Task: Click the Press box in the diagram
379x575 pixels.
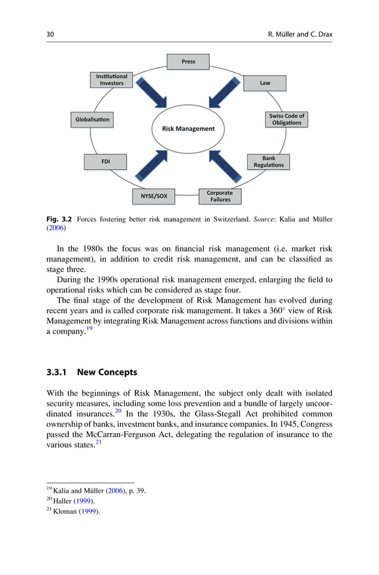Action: click(x=188, y=61)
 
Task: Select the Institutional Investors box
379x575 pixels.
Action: click(x=112, y=80)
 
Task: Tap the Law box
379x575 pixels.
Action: click(x=264, y=83)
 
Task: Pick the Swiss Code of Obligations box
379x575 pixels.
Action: click(x=286, y=119)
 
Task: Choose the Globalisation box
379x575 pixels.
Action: click(x=92, y=120)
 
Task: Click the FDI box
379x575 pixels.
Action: click(x=106, y=161)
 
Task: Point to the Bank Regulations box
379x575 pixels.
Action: click(x=269, y=162)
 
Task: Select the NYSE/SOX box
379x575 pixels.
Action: click(x=154, y=195)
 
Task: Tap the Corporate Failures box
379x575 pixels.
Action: click(x=220, y=196)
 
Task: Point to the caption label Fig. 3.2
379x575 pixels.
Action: click(x=58, y=219)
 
